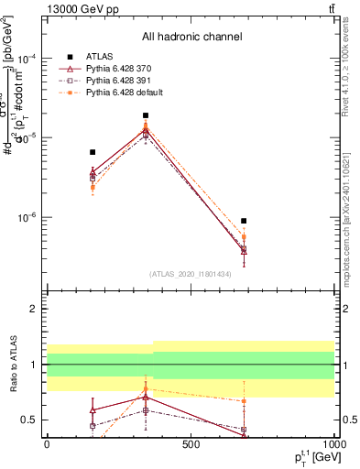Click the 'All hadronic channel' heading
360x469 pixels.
pos(191,37)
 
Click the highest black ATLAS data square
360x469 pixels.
pos(146,115)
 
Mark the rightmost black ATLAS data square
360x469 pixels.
pos(244,221)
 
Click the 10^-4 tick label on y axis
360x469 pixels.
pos(27,58)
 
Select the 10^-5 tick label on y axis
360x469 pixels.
pos(27,137)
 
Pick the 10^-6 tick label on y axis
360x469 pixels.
pos(27,218)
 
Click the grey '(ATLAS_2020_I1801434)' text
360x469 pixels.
pos(191,274)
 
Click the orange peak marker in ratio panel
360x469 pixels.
pos(146,388)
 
